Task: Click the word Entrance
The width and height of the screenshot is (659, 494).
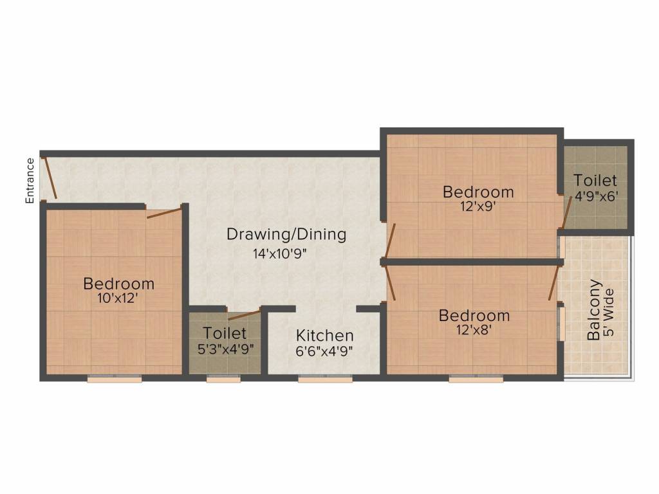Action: click(x=30, y=181)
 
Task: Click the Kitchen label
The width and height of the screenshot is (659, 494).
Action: click(x=324, y=336)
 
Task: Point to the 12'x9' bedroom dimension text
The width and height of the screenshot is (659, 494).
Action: click(x=478, y=206)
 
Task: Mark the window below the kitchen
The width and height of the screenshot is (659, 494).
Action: click(x=325, y=380)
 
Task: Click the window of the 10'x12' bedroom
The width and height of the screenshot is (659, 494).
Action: click(x=114, y=380)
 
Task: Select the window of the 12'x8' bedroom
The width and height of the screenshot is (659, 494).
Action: click(x=476, y=380)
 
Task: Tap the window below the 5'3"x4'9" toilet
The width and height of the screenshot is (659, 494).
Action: click(x=223, y=380)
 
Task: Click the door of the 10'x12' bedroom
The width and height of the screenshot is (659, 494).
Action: click(x=164, y=213)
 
